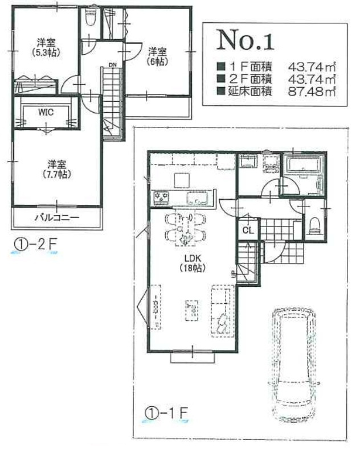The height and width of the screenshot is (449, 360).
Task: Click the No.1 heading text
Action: coord(246,40)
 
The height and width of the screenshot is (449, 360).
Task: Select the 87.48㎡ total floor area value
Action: coord(312,92)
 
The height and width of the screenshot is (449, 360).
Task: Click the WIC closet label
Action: coord(46,112)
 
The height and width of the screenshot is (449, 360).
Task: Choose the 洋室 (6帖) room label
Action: coord(157,57)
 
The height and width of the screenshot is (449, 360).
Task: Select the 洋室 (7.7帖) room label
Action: coord(57,169)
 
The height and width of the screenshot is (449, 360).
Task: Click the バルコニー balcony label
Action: coord(57,217)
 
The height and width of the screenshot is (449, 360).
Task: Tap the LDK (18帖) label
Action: coord(193,263)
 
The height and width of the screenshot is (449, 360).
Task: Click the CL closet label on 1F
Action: coord(248,230)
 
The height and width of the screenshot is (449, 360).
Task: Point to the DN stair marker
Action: coord(113,65)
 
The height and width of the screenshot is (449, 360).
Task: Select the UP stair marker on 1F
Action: coord(234,274)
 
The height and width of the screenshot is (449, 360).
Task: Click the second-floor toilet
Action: coord(90,18)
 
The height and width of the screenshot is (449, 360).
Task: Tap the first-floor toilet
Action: coord(314,226)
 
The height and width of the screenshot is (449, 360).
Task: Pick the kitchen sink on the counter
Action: coord(197,198)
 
